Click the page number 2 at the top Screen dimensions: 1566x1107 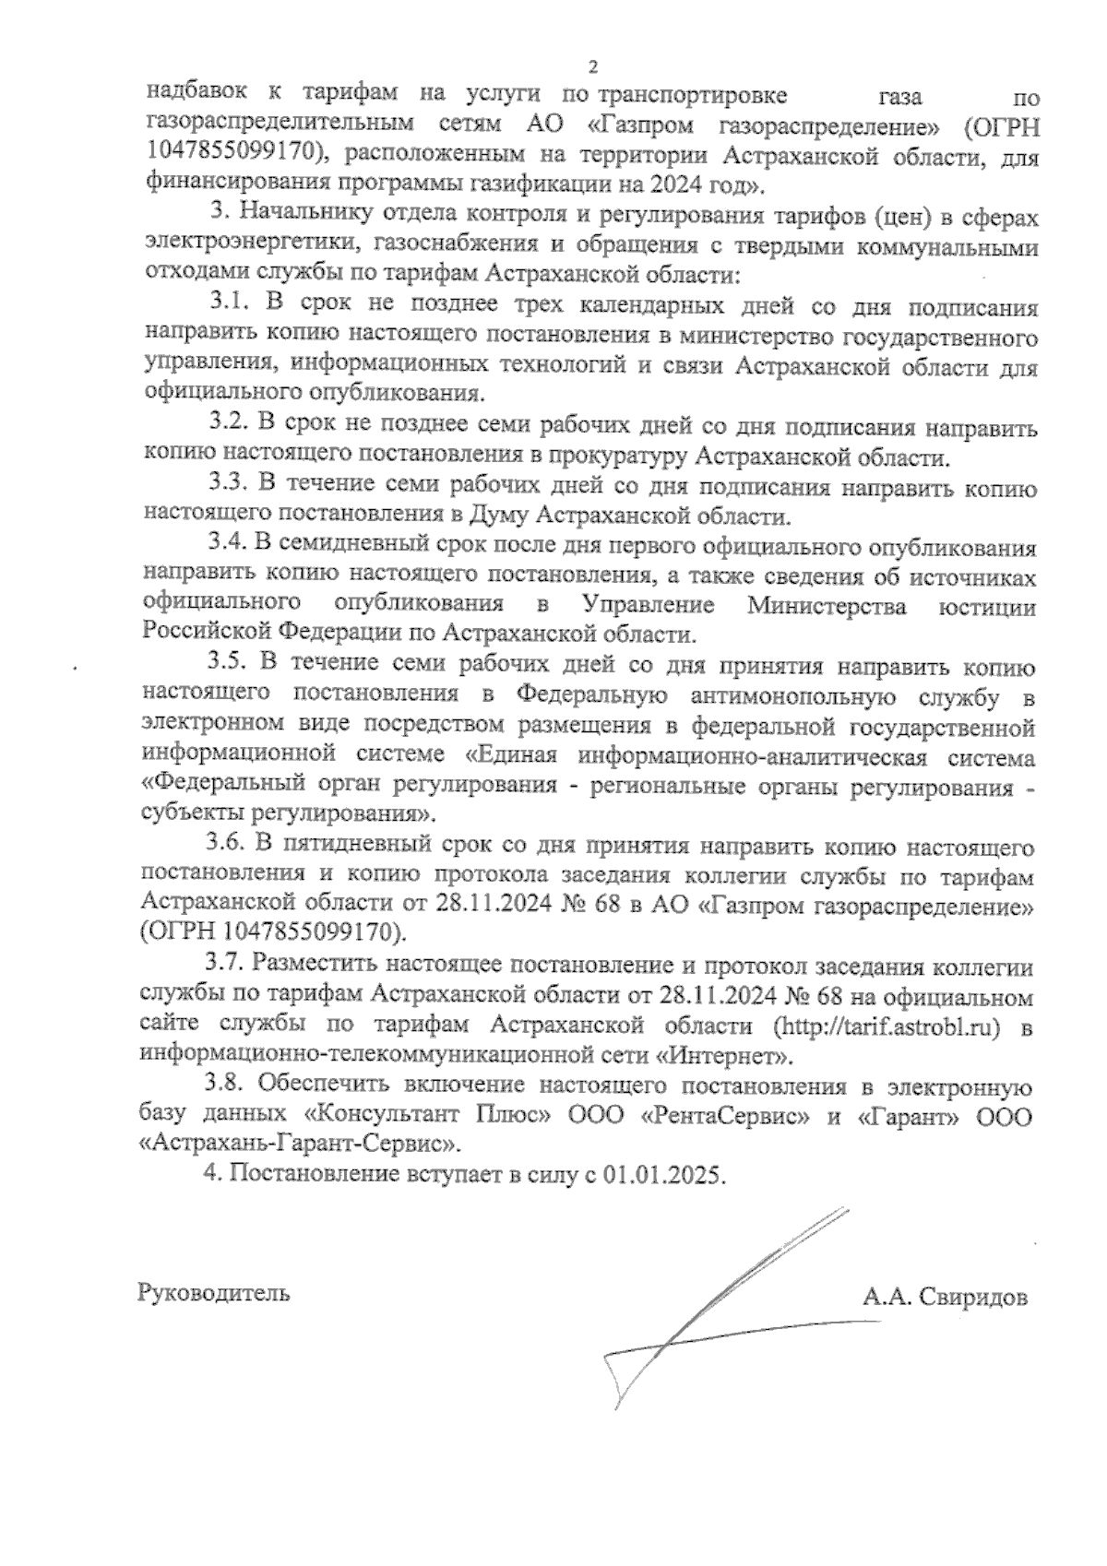[x=592, y=65]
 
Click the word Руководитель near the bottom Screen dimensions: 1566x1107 [x=213, y=1292]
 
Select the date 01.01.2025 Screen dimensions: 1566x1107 [x=665, y=1177]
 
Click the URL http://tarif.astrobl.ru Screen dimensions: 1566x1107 [x=888, y=1027]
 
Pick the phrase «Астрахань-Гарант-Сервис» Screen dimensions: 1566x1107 [x=300, y=1145]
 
